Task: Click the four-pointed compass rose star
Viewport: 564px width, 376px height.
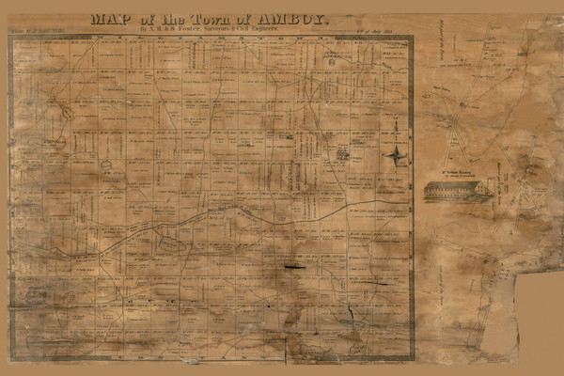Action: point(396,155)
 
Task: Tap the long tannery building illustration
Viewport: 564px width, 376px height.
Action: point(456,191)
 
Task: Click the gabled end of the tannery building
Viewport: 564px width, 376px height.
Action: point(481,190)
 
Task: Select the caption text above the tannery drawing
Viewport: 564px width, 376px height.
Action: point(456,175)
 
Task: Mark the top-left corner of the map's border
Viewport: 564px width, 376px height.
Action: point(9,37)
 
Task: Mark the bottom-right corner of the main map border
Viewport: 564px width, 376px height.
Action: point(414,359)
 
